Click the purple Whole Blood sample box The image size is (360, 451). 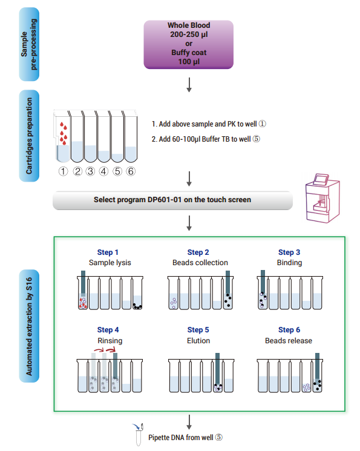pyautogui.click(x=189, y=45)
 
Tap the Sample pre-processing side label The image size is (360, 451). pyautogui.click(x=29, y=44)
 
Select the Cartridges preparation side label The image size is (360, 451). pyautogui.click(x=29, y=136)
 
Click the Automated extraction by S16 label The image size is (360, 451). pyautogui.click(x=29, y=326)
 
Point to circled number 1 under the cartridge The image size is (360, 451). pyautogui.click(x=64, y=171)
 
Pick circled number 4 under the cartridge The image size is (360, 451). pyautogui.click(x=103, y=171)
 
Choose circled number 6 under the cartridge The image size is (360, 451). pyautogui.click(x=131, y=171)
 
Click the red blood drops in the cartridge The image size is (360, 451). pyautogui.click(x=64, y=133)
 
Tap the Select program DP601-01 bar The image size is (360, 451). pyautogui.click(x=172, y=200)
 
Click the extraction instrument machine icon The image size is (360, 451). pyautogui.click(x=322, y=198)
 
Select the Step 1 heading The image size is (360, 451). pyautogui.click(x=108, y=252)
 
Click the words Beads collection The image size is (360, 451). pyautogui.click(x=200, y=263)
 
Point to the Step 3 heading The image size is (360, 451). pyautogui.click(x=289, y=252)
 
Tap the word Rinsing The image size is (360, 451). pyautogui.click(x=110, y=341)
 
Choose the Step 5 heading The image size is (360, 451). pyautogui.click(x=198, y=330)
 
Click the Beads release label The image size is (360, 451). pyautogui.click(x=289, y=341)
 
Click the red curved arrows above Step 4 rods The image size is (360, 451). pyautogui.click(x=105, y=350)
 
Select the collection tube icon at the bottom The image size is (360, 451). pyautogui.click(x=139, y=435)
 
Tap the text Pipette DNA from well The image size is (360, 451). pyautogui.click(x=181, y=438)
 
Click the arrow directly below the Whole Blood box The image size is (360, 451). pyautogui.click(x=189, y=85)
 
